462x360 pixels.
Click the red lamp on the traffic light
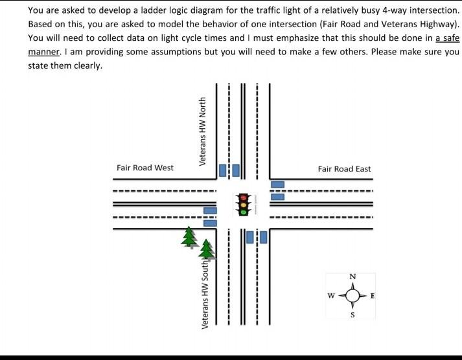[244, 197]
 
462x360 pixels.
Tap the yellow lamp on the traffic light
[244, 204]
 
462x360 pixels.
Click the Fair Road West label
[145, 168]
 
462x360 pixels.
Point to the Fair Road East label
[344, 169]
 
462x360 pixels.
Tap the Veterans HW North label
[203, 131]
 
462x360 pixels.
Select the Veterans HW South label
[205, 293]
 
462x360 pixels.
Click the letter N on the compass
[352, 277]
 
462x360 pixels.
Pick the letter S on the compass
[352, 315]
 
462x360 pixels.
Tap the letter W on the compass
[331, 297]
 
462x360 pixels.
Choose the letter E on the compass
[373, 297]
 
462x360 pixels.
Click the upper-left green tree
[189, 236]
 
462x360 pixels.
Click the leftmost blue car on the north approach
[223, 170]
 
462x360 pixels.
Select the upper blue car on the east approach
[277, 185]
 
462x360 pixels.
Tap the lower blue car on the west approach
[210, 222]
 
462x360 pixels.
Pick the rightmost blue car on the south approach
[263, 237]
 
